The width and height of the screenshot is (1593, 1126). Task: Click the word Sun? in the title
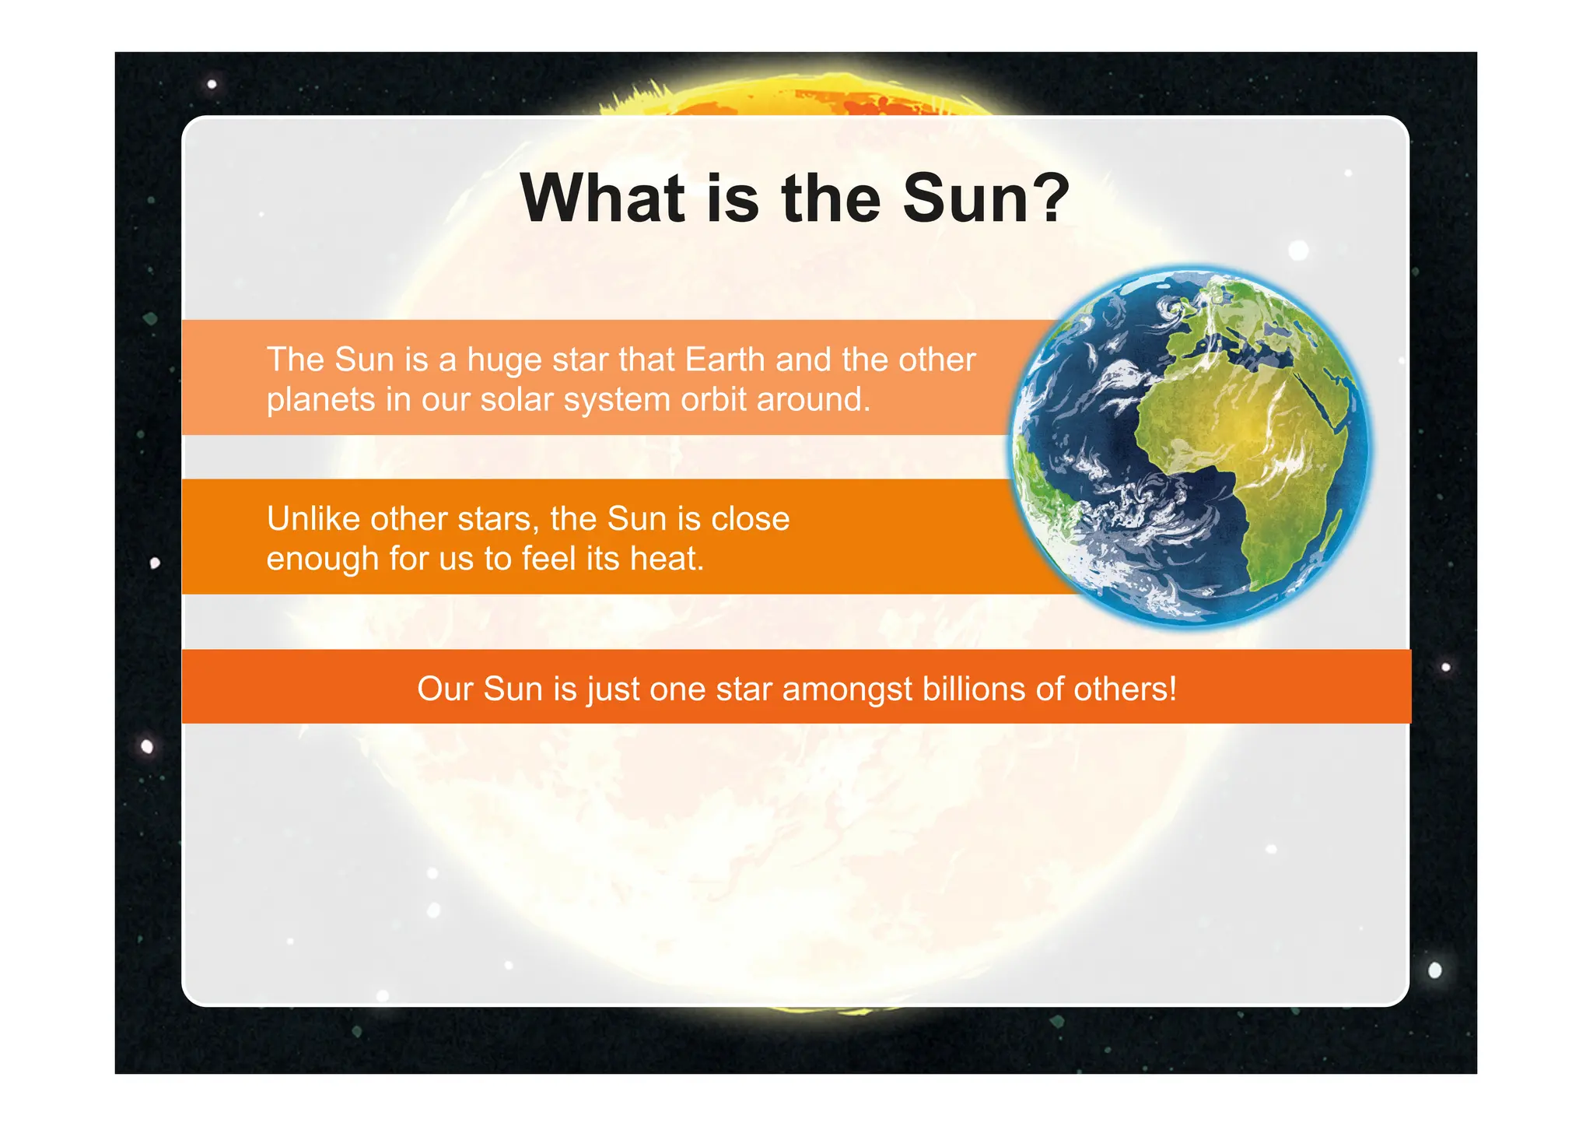(x=986, y=198)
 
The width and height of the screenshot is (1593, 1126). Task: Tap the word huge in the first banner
(x=503, y=360)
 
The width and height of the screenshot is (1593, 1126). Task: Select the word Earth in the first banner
(x=725, y=360)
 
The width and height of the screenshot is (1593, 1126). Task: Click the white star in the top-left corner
(x=212, y=84)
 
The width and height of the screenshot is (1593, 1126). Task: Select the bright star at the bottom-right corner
(x=1435, y=970)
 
